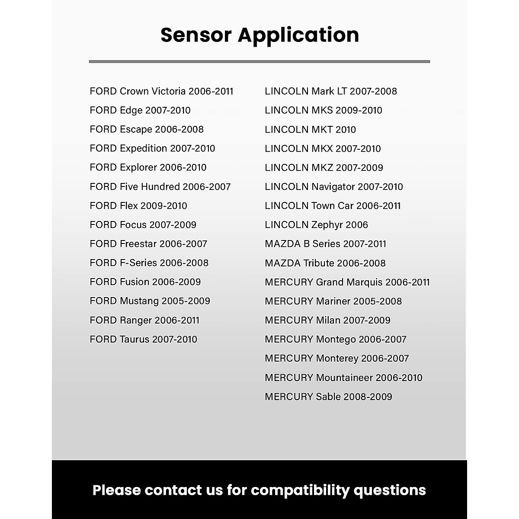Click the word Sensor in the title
pos(195,35)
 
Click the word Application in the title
pos(298,35)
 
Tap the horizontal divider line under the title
pos(259,61)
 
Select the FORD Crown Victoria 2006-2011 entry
pos(161,91)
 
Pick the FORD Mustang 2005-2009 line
pos(150,301)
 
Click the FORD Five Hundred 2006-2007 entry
pos(160,187)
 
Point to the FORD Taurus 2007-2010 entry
pos(143,340)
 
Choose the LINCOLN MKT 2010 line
pos(310,130)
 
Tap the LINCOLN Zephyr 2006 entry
pos(316,225)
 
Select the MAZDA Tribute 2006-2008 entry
pos(325,263)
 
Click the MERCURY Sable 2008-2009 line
pos(328,397)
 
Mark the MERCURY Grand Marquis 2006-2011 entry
pos(347,282)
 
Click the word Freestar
pos(138,244)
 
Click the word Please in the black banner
pos(117,490)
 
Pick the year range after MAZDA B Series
pos(364,244)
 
